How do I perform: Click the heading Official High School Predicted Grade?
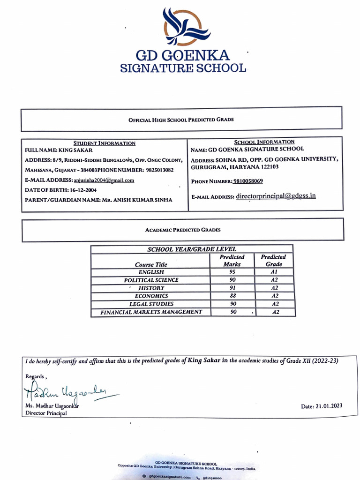[x=181, y=120]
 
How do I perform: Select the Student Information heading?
[x=104, y=143]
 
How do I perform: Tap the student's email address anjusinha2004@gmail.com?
[x=104, y=180]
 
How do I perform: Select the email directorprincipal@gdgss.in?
[x=276, y=196]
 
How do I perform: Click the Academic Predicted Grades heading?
[x=183, y=230]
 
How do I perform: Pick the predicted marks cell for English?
[x=232, y=272]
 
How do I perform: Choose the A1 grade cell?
[x=275, y=272]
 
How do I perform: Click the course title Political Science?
[x=151, y=280]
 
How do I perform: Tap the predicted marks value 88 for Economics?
[x=232, y=296]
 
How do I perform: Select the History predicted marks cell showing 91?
[x=232, y=288]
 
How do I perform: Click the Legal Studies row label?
[x=151, y=304]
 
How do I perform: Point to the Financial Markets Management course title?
[x=151, y=312]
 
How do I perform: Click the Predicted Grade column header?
[x=273, y=261]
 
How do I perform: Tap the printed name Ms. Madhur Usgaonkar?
[x=52, y=406]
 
